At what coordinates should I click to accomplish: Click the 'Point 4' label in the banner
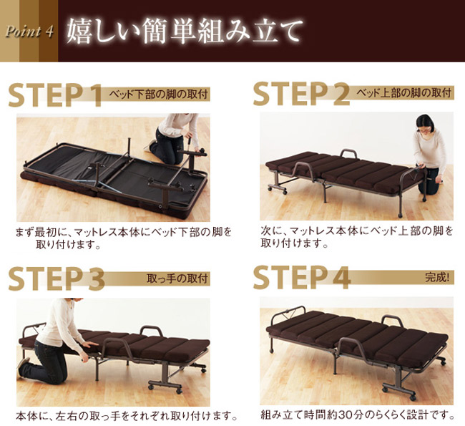(30, 32)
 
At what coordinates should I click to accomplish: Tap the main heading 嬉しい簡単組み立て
(185, 31)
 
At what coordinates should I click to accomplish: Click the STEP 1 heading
(56, 96)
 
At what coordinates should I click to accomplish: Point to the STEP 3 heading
(56, 280)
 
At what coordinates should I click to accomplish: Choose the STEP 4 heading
(301, 279)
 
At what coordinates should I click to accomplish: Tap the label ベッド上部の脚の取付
(403, 93)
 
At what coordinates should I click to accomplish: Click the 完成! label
(438, 277)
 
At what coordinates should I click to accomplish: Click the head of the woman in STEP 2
(424, 123)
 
